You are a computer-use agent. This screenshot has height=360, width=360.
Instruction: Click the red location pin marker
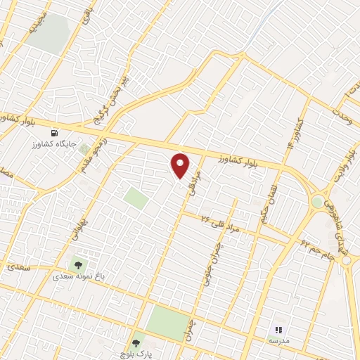(181, 166)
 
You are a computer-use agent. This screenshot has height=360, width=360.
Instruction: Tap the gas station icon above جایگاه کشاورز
(54, 132)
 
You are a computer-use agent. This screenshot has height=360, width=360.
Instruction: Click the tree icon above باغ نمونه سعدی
(78, 266)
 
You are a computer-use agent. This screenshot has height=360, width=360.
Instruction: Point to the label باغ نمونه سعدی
(78, 277)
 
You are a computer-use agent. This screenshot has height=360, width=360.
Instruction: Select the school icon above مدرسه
(278, 329)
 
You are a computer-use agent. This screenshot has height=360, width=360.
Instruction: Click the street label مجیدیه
(37, 25)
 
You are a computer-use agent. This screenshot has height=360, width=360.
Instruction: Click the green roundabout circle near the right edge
(318, 202)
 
